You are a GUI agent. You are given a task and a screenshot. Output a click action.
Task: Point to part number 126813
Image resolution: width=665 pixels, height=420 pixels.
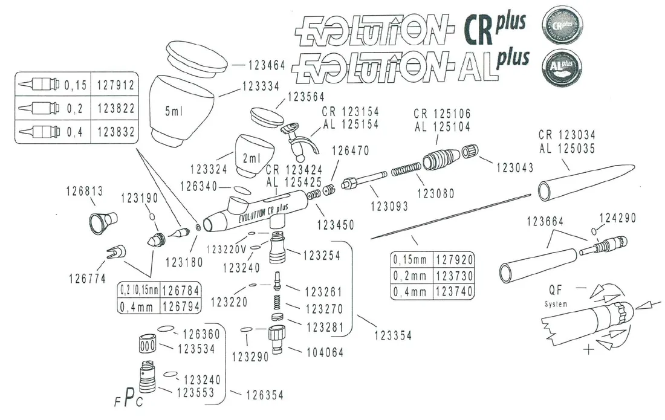pyautogui.click(x=83, y=191)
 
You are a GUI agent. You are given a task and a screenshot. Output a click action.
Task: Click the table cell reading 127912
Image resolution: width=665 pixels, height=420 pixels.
pyautogui.click(x=114, y=86)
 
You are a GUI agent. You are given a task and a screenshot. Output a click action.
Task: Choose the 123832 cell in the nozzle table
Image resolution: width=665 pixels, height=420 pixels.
pyautogui.click(x=114, y=132)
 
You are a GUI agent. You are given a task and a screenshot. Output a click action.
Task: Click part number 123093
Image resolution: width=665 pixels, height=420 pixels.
pyautogui.click(x=390, y=206)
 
